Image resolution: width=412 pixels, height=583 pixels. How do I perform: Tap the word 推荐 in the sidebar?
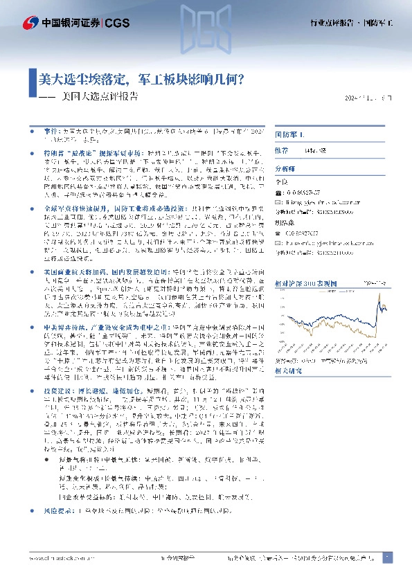(x=282, y=149)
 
